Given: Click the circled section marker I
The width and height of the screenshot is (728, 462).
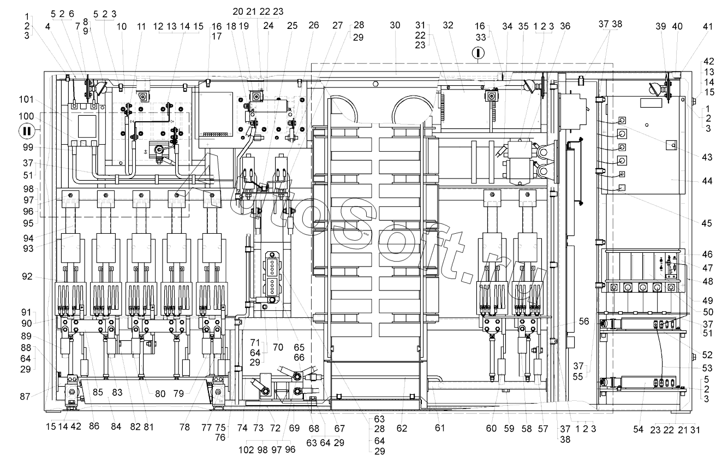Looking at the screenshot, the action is [x=478, y=53].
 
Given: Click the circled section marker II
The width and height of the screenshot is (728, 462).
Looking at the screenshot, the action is [x=27, y=132].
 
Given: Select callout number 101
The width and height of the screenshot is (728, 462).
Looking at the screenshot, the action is [x=26, y=99].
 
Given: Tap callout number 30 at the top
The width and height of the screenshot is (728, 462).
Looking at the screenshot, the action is [x=395, y=25].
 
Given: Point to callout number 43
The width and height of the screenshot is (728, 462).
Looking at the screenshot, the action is [x=707, y=157].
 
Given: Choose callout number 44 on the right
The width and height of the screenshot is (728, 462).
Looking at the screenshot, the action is [x=707, y=181].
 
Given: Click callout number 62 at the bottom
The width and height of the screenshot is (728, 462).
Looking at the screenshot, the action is [x=402, y=429].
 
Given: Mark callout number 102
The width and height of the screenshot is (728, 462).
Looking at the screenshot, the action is [x=246, y=449].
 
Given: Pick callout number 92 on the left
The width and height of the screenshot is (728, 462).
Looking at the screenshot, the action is [x=27, y=276].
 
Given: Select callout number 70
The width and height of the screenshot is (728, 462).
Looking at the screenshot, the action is [x=278, y=347].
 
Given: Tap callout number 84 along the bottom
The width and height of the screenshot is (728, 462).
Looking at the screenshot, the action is [x=116, y=427].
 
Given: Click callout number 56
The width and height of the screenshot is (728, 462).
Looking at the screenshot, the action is [x=584, y=321].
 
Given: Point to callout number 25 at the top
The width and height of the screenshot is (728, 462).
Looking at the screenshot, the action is [x=292, y=26].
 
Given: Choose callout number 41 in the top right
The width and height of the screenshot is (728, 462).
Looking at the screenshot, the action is [x=707, y=26].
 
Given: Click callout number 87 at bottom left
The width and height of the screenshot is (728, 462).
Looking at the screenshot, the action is [x=25, y=396].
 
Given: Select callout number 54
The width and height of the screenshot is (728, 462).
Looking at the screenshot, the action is [x=638, y=429].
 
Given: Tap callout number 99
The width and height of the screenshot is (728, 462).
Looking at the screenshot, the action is [x=28, y=147].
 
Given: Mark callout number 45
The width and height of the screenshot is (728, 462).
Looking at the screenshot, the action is [x=707, y=223].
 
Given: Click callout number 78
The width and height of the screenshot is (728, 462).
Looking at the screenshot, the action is [x=184, y=427].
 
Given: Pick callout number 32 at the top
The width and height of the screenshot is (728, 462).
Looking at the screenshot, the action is [x=448, y=25].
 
